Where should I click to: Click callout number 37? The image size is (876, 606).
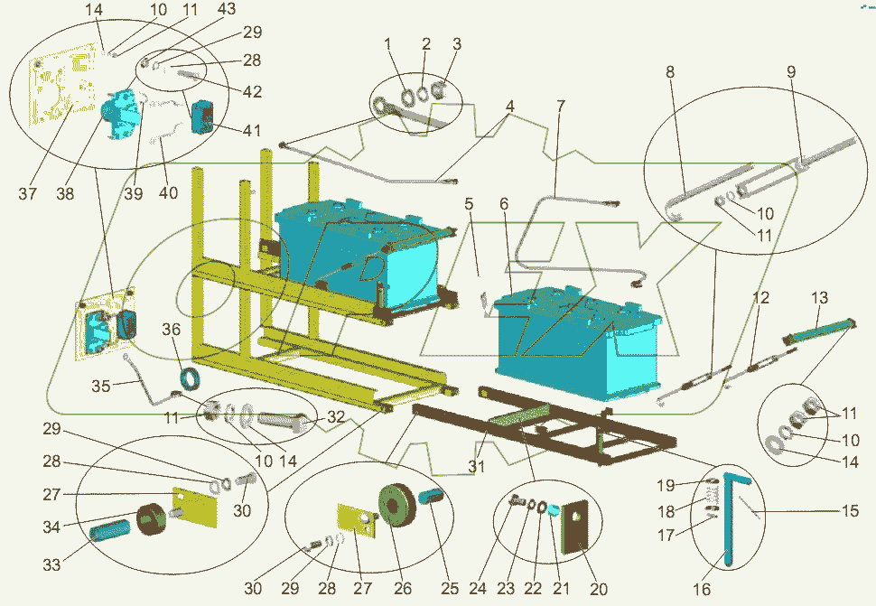(27, 194)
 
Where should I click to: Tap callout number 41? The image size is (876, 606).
(252, 130)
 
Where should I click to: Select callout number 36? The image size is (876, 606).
(172, 330)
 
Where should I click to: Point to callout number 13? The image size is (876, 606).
(819, 298)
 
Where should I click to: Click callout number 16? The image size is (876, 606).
(702, 589)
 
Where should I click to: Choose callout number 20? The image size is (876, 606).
(599, 589)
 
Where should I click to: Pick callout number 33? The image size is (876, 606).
(51, 564)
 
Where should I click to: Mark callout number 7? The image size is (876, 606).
(561, 106)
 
